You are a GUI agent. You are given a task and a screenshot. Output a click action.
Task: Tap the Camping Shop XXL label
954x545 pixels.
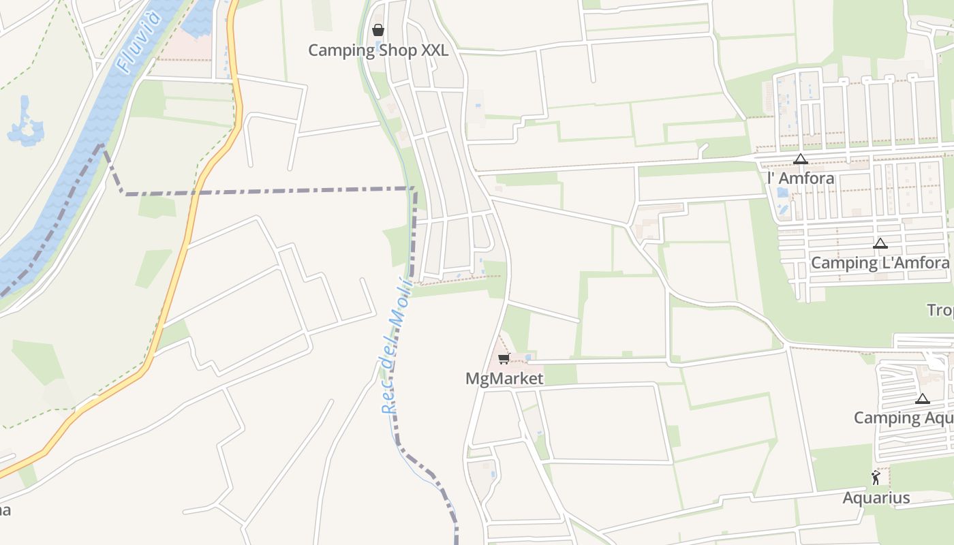point(378,50)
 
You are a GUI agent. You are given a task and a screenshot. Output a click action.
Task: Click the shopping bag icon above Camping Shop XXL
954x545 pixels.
point(378,30)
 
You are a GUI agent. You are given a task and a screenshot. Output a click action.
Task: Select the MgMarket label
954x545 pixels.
point(504,379)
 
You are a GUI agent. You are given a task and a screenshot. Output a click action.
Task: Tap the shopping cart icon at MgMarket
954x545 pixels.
point(504,359)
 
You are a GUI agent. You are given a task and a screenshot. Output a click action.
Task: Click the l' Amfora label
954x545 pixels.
point(801,178)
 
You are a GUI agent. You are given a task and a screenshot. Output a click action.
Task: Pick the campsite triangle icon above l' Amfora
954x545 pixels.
point(801,159)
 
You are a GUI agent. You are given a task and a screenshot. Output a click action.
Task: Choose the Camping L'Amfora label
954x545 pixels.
point(880,263)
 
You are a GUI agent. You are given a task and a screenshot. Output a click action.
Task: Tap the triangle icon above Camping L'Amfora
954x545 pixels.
point(880,243)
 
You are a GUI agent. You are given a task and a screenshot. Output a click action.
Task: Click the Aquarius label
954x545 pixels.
point(876,498)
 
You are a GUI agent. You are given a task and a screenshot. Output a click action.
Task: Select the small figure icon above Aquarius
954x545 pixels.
point(876,478)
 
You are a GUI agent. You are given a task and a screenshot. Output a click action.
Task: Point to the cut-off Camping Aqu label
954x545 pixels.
point(904,418)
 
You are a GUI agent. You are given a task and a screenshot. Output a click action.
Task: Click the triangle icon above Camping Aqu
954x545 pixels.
point(923,399)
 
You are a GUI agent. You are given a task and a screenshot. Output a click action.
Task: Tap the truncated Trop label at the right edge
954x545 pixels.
point(940,311)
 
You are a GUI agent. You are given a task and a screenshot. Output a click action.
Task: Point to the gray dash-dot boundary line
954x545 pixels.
point(273,191)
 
